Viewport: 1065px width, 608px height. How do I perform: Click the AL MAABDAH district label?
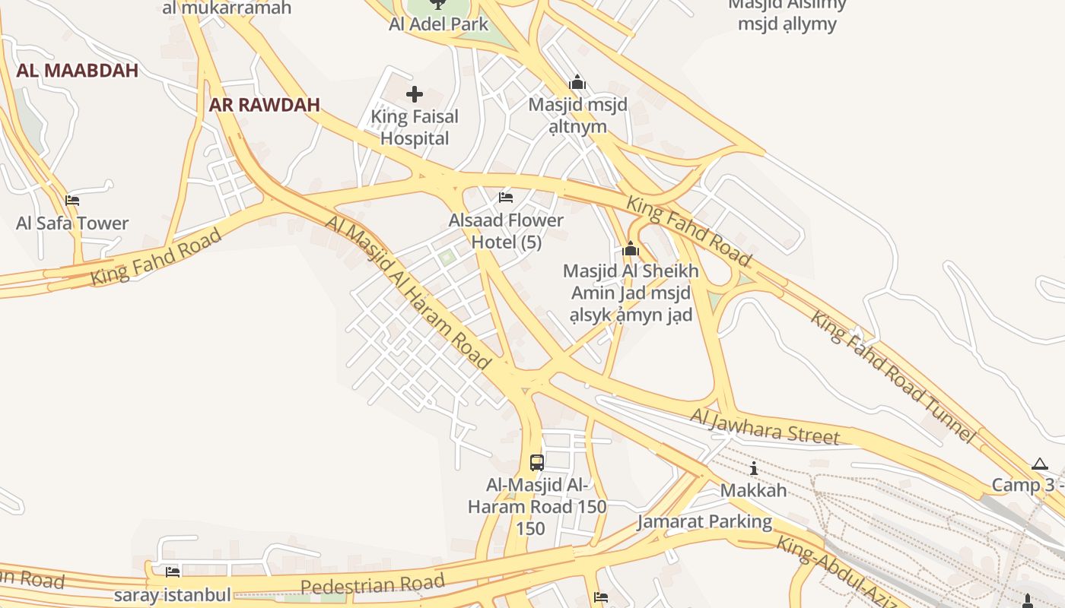click(x=77, y=71)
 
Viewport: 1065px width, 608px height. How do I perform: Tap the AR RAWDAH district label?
click(x=264, y=105)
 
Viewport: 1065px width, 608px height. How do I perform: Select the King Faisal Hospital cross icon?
click(x=415, y=94)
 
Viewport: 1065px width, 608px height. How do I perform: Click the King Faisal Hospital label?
click(x=415, y=128)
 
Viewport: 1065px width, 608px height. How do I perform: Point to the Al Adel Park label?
click(x=438, y=24)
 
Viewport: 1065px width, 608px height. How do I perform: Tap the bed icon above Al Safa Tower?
click(x=72, y=201)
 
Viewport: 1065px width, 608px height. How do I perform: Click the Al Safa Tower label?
click(x=72, y=223)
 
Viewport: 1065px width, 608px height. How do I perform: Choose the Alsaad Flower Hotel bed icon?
click(x=506, y=198)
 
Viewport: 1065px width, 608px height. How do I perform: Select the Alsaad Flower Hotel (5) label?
click(x=506, y=231)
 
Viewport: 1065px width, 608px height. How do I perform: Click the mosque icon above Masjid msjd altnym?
click(x=577, y=82)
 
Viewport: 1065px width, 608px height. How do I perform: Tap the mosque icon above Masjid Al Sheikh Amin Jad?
click(x=631, y=249)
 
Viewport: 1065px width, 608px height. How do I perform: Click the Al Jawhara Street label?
click(x=765, y=426)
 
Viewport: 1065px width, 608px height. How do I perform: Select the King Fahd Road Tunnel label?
click(x=892, y=375)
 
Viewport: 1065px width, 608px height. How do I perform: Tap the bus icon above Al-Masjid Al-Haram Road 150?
click(x=536, y=462)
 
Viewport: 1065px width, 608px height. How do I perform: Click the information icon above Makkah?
click(x=754, y=468)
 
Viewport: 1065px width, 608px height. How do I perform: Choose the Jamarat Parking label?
click(x=704, y=522)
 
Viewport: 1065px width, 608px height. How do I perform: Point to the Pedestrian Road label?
click(x=372, y=584)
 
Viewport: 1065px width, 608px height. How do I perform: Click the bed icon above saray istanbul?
click(x=173, y=572)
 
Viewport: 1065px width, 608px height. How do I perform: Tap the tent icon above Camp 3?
click(x=1040, y=464)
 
